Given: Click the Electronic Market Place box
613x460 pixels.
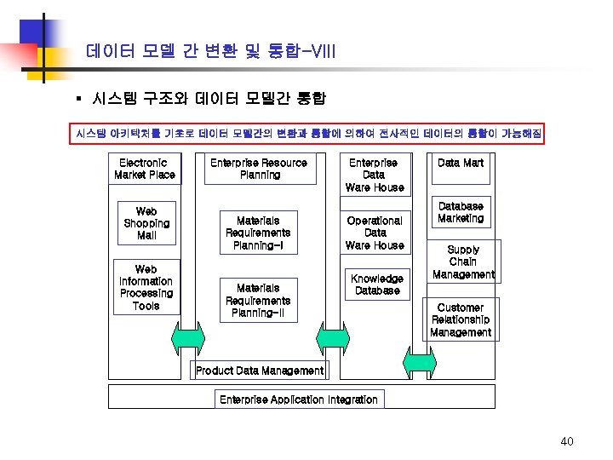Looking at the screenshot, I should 145,169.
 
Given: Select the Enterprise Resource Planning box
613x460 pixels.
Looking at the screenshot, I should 259,169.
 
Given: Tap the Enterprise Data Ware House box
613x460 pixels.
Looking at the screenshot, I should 375,175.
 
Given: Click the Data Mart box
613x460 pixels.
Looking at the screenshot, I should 461,164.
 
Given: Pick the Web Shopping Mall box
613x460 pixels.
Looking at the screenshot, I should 146,223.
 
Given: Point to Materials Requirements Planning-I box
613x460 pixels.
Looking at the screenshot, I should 258,233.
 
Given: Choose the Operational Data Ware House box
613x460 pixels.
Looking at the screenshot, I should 375,233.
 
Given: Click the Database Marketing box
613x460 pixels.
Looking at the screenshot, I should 461,213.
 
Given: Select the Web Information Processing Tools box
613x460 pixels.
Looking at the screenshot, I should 146,288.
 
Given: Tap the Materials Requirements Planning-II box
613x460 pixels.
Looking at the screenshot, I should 258,301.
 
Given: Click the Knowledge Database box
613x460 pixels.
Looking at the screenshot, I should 376,285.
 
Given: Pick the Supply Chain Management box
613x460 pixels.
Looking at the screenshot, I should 463,262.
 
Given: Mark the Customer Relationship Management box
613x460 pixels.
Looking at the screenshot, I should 461,320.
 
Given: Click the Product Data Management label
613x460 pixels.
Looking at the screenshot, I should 260,371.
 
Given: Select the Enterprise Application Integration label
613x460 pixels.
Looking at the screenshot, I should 298,400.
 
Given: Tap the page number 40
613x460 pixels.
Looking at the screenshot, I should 567,441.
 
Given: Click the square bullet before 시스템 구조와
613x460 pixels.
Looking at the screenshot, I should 77,99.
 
